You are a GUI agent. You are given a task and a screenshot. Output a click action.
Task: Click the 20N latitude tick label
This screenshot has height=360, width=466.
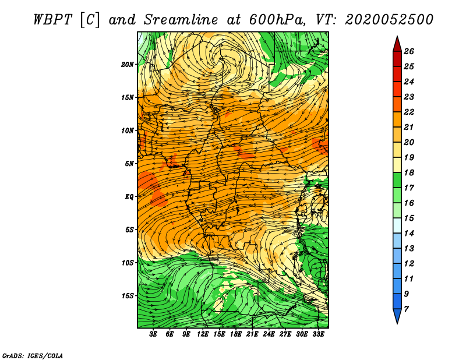pos(128,65)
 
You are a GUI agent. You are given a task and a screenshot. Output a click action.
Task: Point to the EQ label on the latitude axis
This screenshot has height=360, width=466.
pos(129,197)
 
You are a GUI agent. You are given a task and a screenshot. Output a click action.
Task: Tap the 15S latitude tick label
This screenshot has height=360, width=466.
pos(128,296)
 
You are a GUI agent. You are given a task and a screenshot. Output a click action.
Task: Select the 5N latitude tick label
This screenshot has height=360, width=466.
pos(129,164)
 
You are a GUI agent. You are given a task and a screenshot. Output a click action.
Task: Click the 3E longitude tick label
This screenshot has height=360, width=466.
pos(153,334)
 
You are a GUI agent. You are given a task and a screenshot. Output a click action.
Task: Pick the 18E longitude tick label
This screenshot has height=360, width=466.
pos(236,334)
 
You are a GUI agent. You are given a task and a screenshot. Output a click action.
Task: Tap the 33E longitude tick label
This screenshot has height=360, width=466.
pos(318,334)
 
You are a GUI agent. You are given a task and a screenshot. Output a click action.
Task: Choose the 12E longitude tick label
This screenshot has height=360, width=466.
pos(203,334)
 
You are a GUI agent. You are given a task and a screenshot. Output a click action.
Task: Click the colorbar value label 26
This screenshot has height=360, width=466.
pos(409,51)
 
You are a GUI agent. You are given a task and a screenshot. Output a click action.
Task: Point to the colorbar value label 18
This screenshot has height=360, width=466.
pos(409,172)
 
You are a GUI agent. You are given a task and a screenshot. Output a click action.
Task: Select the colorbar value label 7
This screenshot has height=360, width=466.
pos(406,309)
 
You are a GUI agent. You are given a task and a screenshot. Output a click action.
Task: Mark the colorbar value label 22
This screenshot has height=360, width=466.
pos(409,112)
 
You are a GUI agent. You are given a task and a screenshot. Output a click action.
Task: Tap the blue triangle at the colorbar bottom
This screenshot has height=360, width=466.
pos(397,315)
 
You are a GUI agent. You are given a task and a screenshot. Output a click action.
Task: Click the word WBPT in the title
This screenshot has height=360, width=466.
pos(53,20)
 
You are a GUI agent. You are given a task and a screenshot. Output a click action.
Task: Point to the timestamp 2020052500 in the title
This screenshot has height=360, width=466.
pos(389,20)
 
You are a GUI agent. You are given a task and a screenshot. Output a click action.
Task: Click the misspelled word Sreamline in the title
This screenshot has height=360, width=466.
pos(181,20)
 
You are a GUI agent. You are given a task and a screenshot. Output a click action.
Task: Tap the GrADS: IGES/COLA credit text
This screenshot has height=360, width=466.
pos(33,356)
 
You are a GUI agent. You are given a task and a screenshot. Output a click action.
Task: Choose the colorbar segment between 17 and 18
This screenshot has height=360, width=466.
pos(397,180)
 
